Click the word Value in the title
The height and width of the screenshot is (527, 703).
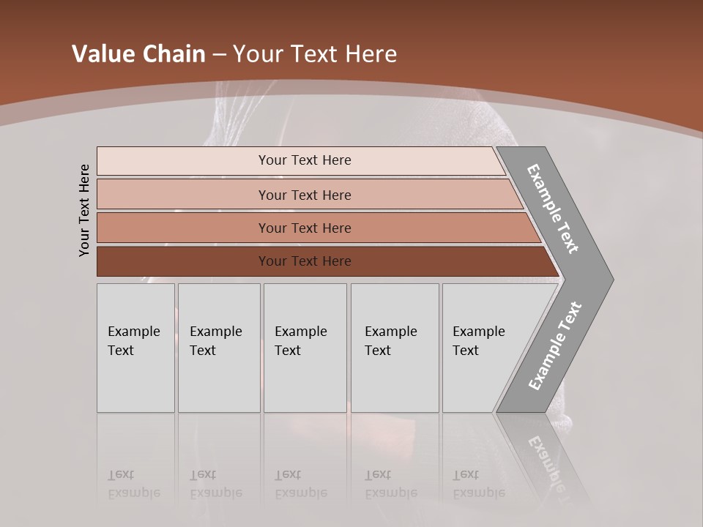(103, 54)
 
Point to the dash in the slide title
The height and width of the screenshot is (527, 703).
(219, 55)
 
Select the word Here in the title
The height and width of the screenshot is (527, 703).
(371, 54)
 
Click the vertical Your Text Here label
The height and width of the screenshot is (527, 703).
(84, 210)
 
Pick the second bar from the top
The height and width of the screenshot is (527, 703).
(304, 195)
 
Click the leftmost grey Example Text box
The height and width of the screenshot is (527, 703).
(135, 348)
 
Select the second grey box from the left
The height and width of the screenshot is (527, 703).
(219, 348)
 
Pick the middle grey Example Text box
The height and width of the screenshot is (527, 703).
(305, 348)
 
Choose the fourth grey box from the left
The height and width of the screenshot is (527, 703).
(395, 348)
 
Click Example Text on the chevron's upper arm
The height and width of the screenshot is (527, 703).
(554, 209)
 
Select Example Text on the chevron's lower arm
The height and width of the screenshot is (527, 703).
(555, 346)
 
